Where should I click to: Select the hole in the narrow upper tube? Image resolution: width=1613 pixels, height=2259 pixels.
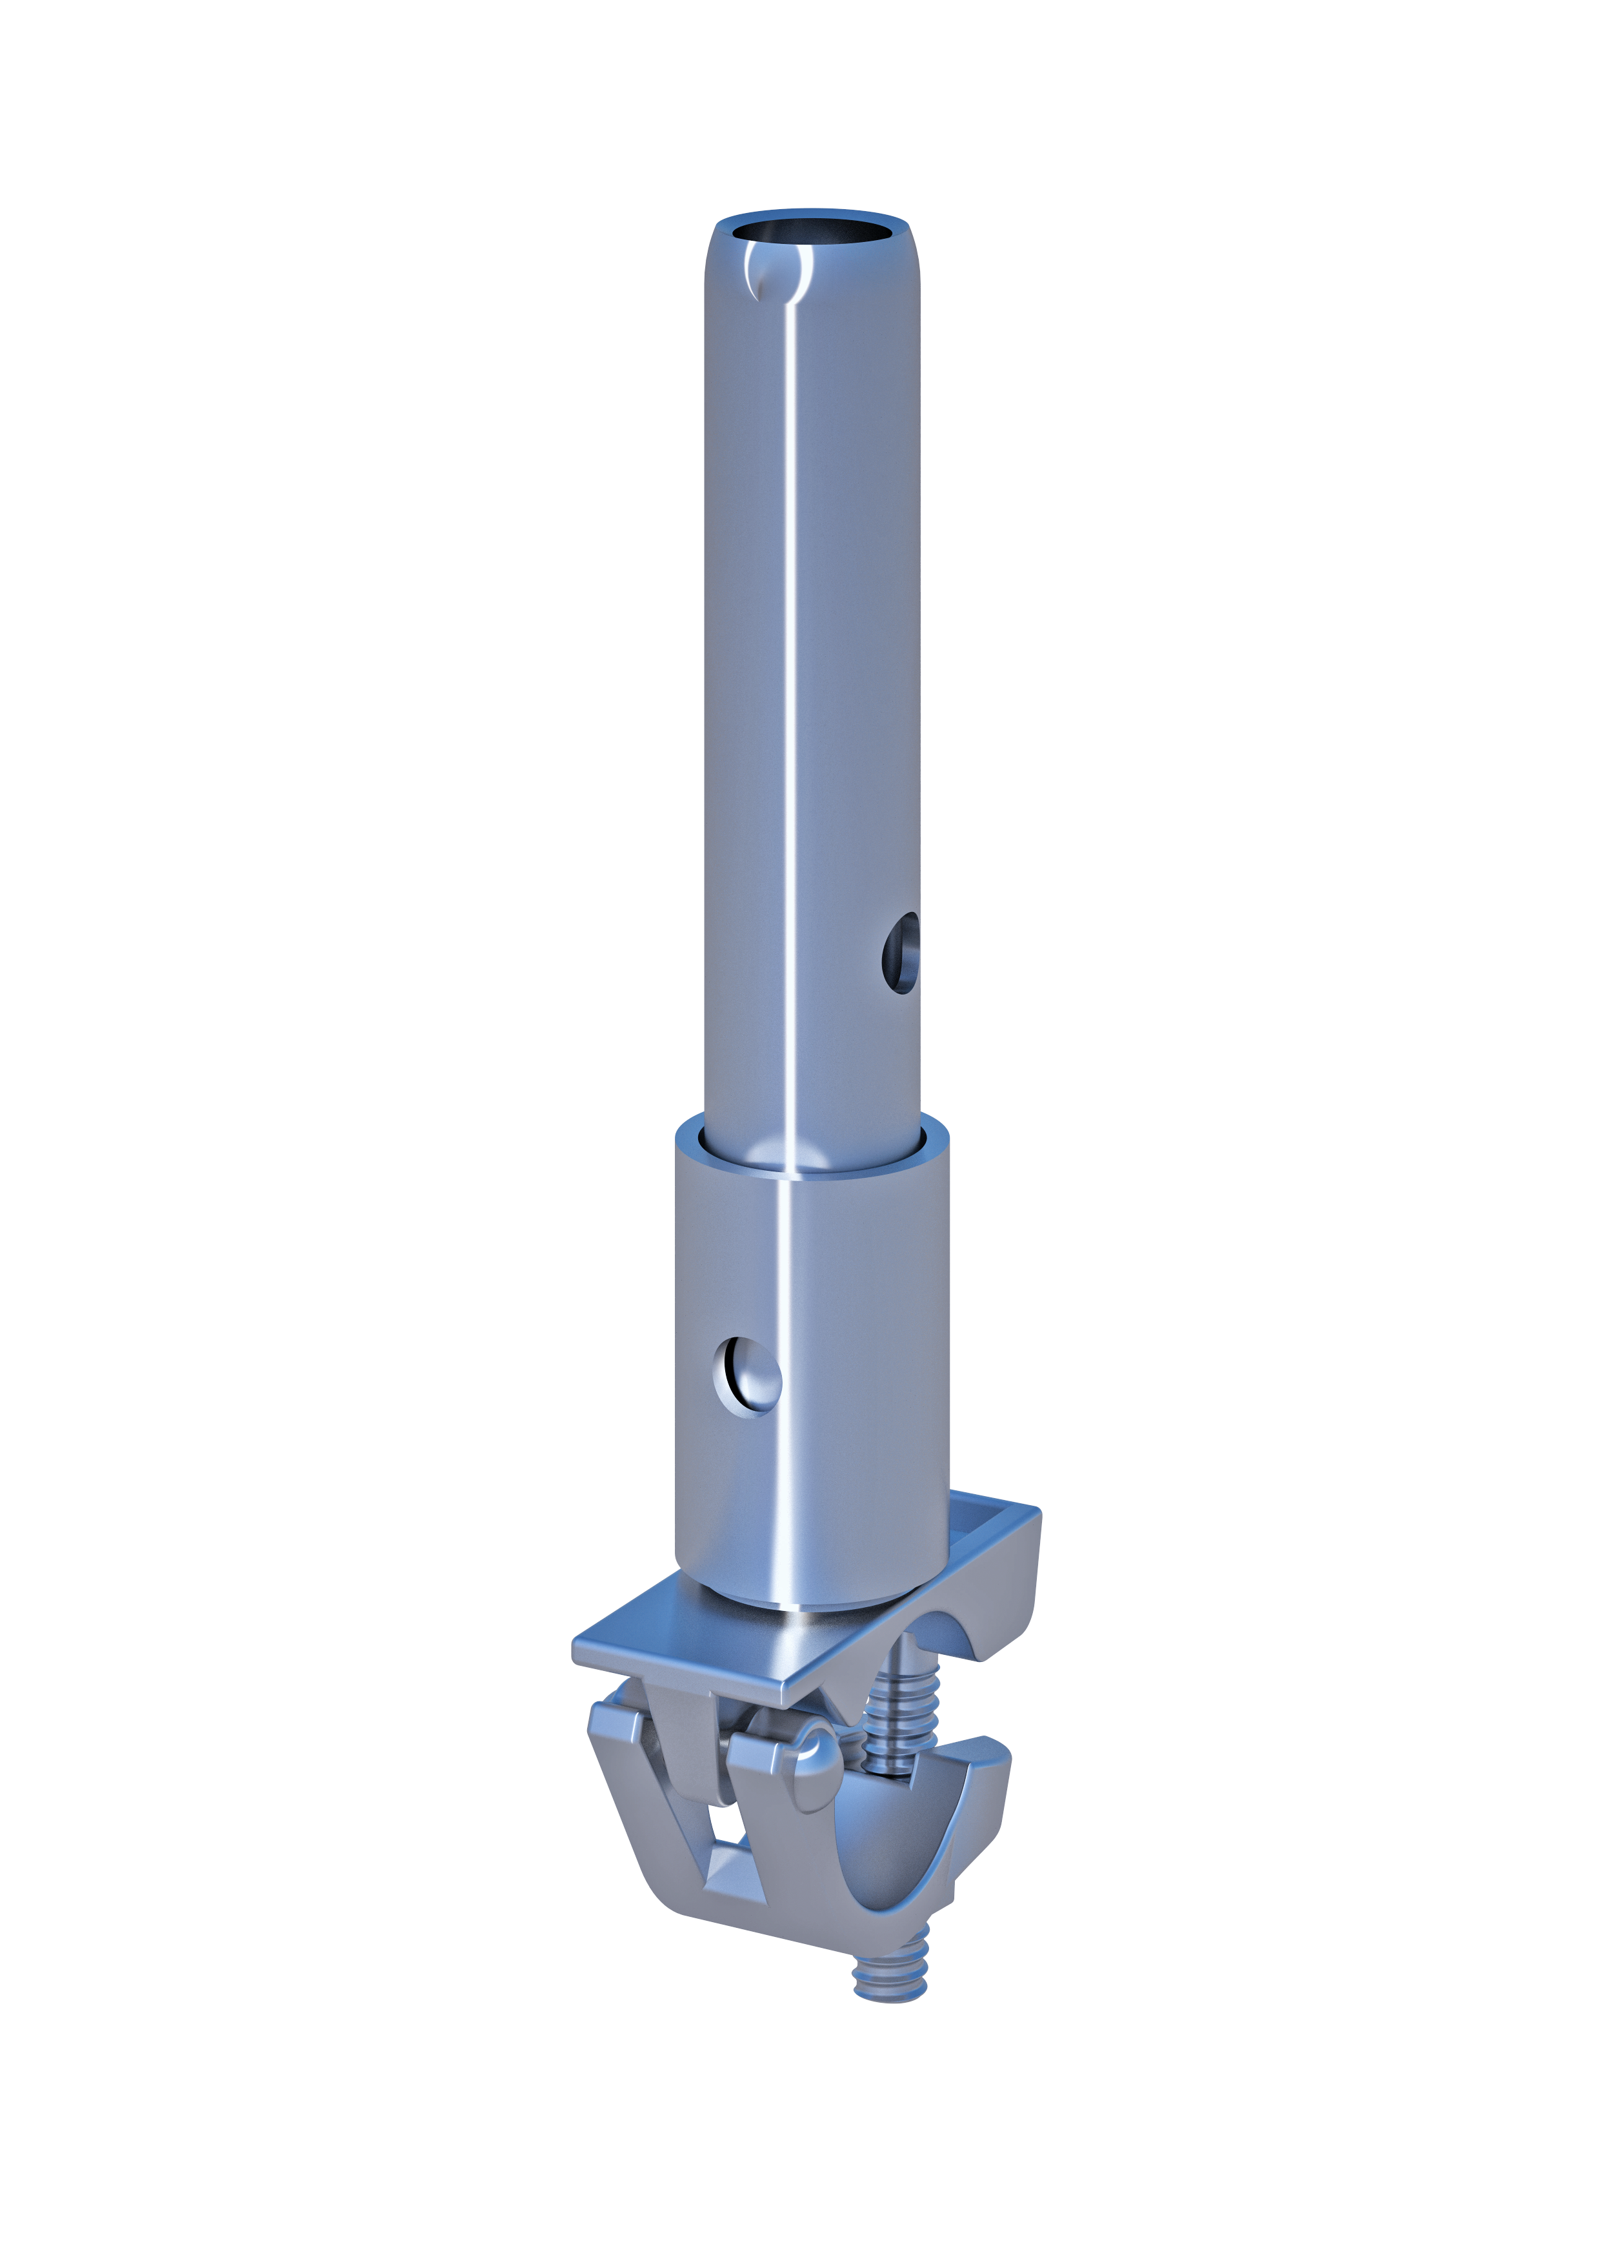point(901,955)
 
